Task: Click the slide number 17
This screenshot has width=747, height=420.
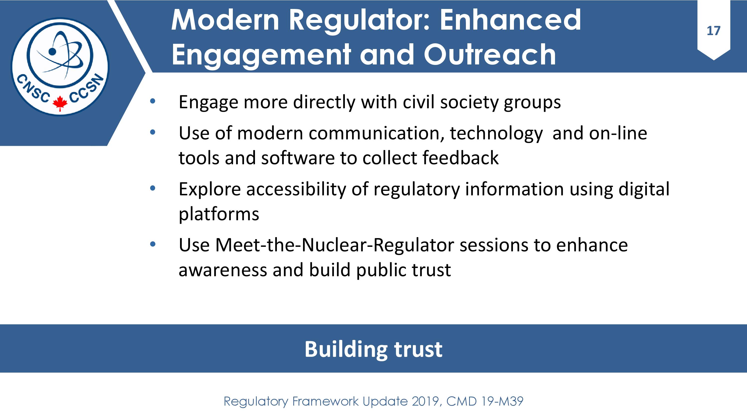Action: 713,31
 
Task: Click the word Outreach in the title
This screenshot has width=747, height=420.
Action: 490,54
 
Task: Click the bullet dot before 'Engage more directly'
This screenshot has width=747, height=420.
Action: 153,102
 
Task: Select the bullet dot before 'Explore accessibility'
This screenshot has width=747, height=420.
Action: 153,188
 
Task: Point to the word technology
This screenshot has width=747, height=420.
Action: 496,134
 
